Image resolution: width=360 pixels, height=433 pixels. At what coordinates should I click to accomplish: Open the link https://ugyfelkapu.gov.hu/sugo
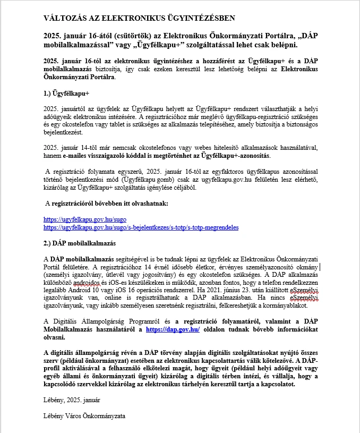coord(85,219)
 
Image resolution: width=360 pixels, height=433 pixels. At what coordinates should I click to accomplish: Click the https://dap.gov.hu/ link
coord(173,329)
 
